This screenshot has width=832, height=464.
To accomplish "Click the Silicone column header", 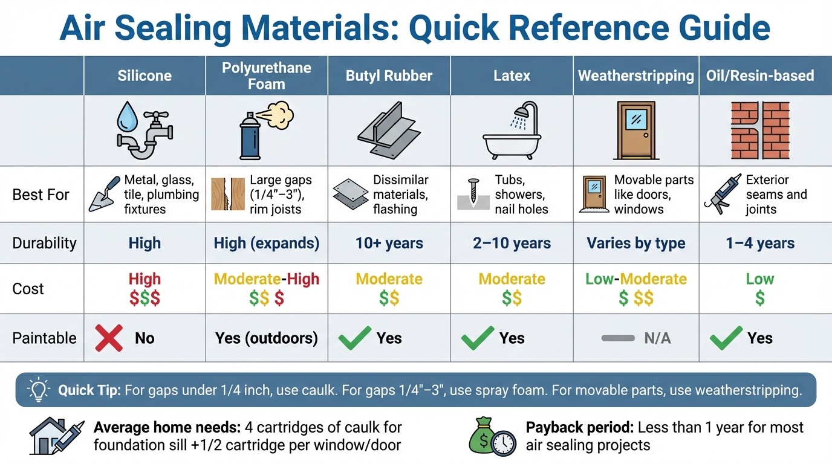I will pyautogui.click(x=145, y=76).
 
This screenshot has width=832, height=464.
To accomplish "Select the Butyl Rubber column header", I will pyautogui.click(x=389, y=76).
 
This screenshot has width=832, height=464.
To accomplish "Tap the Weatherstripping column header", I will pyautogui.click(x=635, y=76).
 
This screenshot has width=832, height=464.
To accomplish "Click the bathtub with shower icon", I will pyautogui.click(x=512, y=130).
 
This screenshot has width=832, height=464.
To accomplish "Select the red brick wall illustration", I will pyautogui.click(x=759, y=130).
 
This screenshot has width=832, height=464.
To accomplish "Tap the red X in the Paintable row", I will pyautogui.click(x=109, y=338).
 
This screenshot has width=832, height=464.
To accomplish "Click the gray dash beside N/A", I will pyautogui.click(x=618, y=338).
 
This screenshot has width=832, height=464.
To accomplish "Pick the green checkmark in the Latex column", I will pyautogui.click(x=477, y=338).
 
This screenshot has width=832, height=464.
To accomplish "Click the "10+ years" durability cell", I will pyautogui.click(x=389, y=243).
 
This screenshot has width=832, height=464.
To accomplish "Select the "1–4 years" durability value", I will pyautogui.click(x=760, y=243).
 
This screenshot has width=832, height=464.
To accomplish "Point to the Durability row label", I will pyautogui.click(x=44, y=243).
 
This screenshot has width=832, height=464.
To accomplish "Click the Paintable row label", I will pyautogui.click(x=44, y=338).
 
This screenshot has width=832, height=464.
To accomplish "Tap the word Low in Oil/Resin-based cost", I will pyautogui.click(x=760, y=279).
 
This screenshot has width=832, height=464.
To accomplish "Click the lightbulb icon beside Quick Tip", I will pyautogui.click(x=39, y=390).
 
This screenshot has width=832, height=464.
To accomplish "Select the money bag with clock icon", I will pyautogui.click(x=490, y=437).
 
